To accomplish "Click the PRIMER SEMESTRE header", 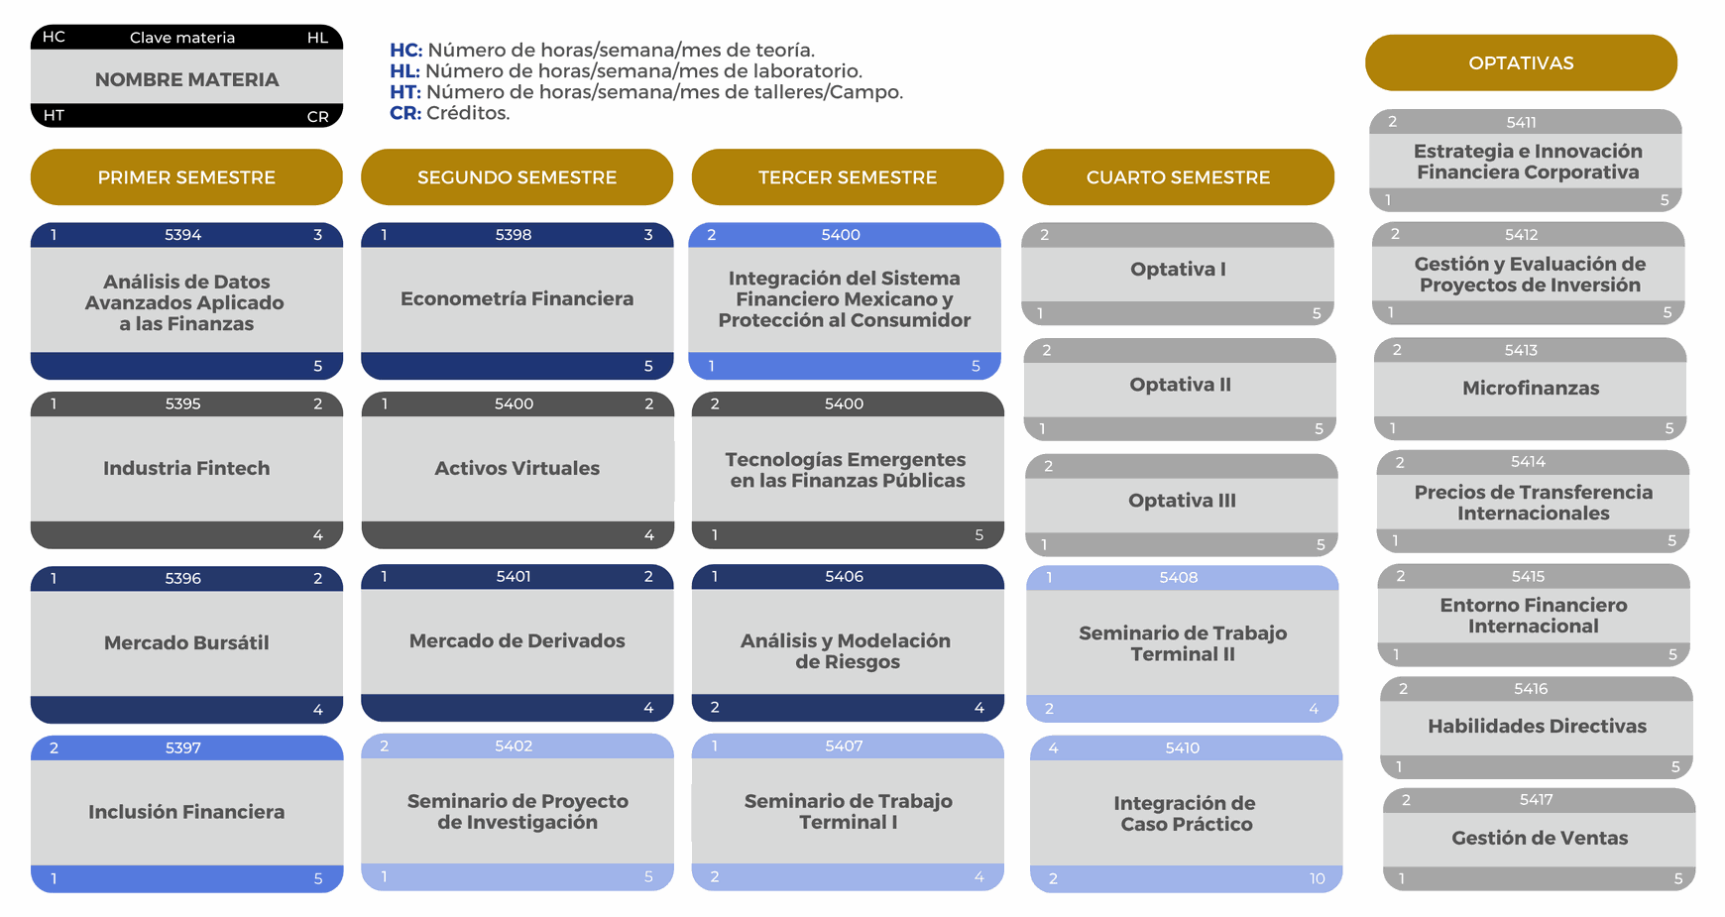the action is (x=186, y=177).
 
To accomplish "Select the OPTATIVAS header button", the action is (x=1521, y=63).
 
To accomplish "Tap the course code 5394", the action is (x=182, y=235).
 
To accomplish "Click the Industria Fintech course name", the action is (x=186, y=468).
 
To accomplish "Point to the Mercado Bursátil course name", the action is (x=186, y=642).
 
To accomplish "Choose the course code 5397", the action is (x=182, y=747).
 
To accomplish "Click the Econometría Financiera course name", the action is (x=517, y=298).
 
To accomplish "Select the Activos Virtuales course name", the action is (x=517, y=468).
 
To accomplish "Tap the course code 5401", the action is (x=514, y=576).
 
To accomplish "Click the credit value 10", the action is (x=1317, y=878).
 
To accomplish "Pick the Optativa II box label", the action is (x=1180, y=385).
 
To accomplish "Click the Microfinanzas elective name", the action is (x=1531, y=388).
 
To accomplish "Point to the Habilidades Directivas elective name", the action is (x=1537, y=726).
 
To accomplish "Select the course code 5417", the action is (x=1536, y=799).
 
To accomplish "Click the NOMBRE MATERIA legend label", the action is (x=186, y=79).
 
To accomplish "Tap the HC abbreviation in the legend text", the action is (x=405, y=50).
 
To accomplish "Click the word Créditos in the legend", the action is (x=468, y=113).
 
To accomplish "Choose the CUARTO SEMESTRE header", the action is (x=1178, y=177).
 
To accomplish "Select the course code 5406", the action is (x=844, y=576).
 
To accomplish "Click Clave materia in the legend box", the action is (x=182, y=38).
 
